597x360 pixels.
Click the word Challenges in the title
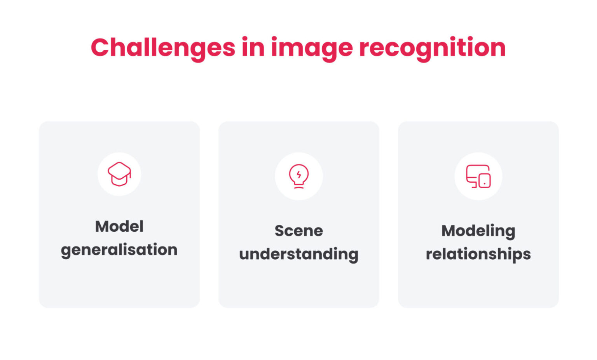click(163, 47)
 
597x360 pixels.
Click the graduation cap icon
click(119, 174)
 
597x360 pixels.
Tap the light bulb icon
click(298, 176)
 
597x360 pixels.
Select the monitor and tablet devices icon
click(478, 176)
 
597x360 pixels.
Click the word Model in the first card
click(119, 226)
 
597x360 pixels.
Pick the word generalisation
click(119, 250)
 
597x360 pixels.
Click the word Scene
click(298, 231)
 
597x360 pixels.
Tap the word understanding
click(298, 254)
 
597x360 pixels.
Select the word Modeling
click(478, 231)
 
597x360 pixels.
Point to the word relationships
click(478, 254)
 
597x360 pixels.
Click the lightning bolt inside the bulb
click(298, 175)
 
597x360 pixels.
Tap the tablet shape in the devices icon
click(484, 181)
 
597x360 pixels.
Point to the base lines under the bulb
click(298, 187)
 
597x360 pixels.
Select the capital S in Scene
click(279, 231)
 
